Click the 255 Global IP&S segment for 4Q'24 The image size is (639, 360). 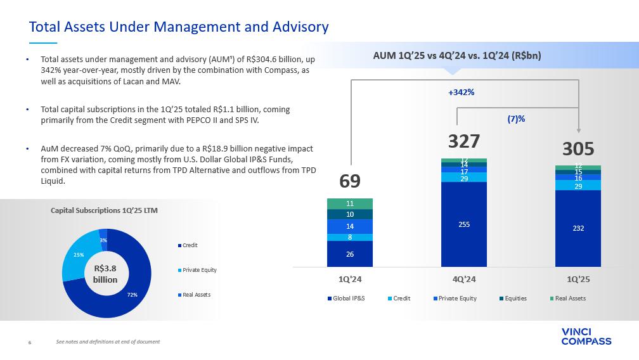(463, 224)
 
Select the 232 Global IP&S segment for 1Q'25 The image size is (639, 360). (578, 228)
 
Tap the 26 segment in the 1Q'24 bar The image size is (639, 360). (349, 254)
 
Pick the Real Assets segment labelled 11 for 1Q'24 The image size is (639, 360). (349, 203)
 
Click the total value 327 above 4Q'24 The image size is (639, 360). (463, 141)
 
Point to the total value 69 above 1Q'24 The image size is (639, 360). (349, 181)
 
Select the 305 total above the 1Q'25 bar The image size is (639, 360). (578, 149)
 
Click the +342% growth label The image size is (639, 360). (461, 93)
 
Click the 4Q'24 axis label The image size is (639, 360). (463, 278)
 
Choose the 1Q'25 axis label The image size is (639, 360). (578, 278)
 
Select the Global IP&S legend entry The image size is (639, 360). (346, 299)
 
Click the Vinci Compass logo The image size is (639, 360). (586, 337)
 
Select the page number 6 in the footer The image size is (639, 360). (29, 342)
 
